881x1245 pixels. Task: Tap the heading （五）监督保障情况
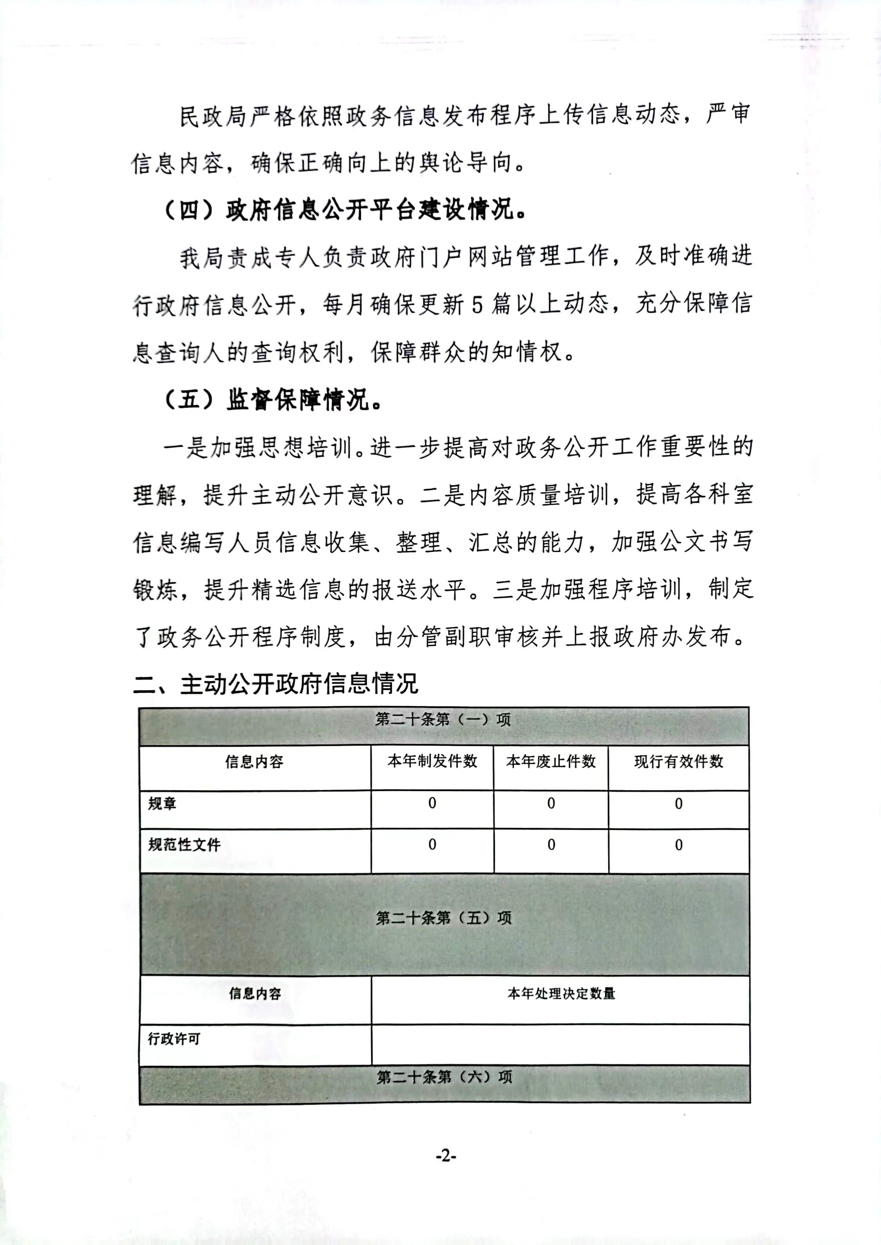pyautogui.click(x=273, y=400)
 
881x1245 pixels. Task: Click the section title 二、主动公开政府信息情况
pyautogui.click(x=276, y=684)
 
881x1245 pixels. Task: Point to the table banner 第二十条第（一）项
pyautogui.click(x=443, y=719)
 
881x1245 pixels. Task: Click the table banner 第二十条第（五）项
pyautogui.click(x=444, y=917)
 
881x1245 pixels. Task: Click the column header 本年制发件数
pyautogui.click(x=432, y=761)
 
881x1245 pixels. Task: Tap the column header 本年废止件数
pyautogui.click(x=551, y=761)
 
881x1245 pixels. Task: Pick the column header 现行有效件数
pyautogui.click(x=679, y=761)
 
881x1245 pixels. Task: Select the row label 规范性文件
pyautogui.click(x=185, y=845)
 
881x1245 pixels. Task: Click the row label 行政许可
pyautogui.click(x=174, y=1038)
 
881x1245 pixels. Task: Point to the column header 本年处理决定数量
pyautogui.click(x=561, y=993)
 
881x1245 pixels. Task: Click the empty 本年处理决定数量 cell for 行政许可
pyautogui.click(x=560, y=1044)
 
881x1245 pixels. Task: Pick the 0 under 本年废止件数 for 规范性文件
pyautogui.click(x=551, y=845)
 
